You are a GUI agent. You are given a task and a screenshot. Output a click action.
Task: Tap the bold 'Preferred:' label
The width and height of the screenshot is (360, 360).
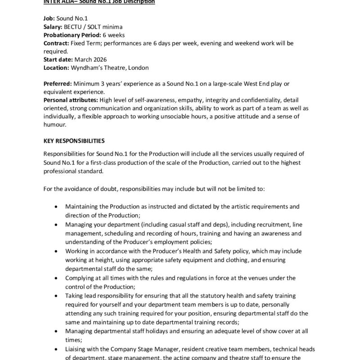point(58,84)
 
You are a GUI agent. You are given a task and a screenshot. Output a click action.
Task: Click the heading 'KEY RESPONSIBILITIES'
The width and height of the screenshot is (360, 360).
point(74,140)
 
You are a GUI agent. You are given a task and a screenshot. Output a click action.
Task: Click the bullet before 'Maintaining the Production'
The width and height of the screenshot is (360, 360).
point(55,207)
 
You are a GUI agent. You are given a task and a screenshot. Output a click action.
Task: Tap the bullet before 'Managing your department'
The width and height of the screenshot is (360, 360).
point(55,224)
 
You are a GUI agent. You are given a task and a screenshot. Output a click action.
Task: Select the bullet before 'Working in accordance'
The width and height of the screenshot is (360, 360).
point(55,251)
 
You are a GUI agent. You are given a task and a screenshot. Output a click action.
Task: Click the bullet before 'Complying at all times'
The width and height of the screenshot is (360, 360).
point(55,278)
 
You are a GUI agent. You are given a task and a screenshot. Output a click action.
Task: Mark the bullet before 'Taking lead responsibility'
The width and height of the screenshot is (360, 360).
point(55,295)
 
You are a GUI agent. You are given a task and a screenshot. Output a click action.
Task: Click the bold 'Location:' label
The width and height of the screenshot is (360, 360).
point(57,67)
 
